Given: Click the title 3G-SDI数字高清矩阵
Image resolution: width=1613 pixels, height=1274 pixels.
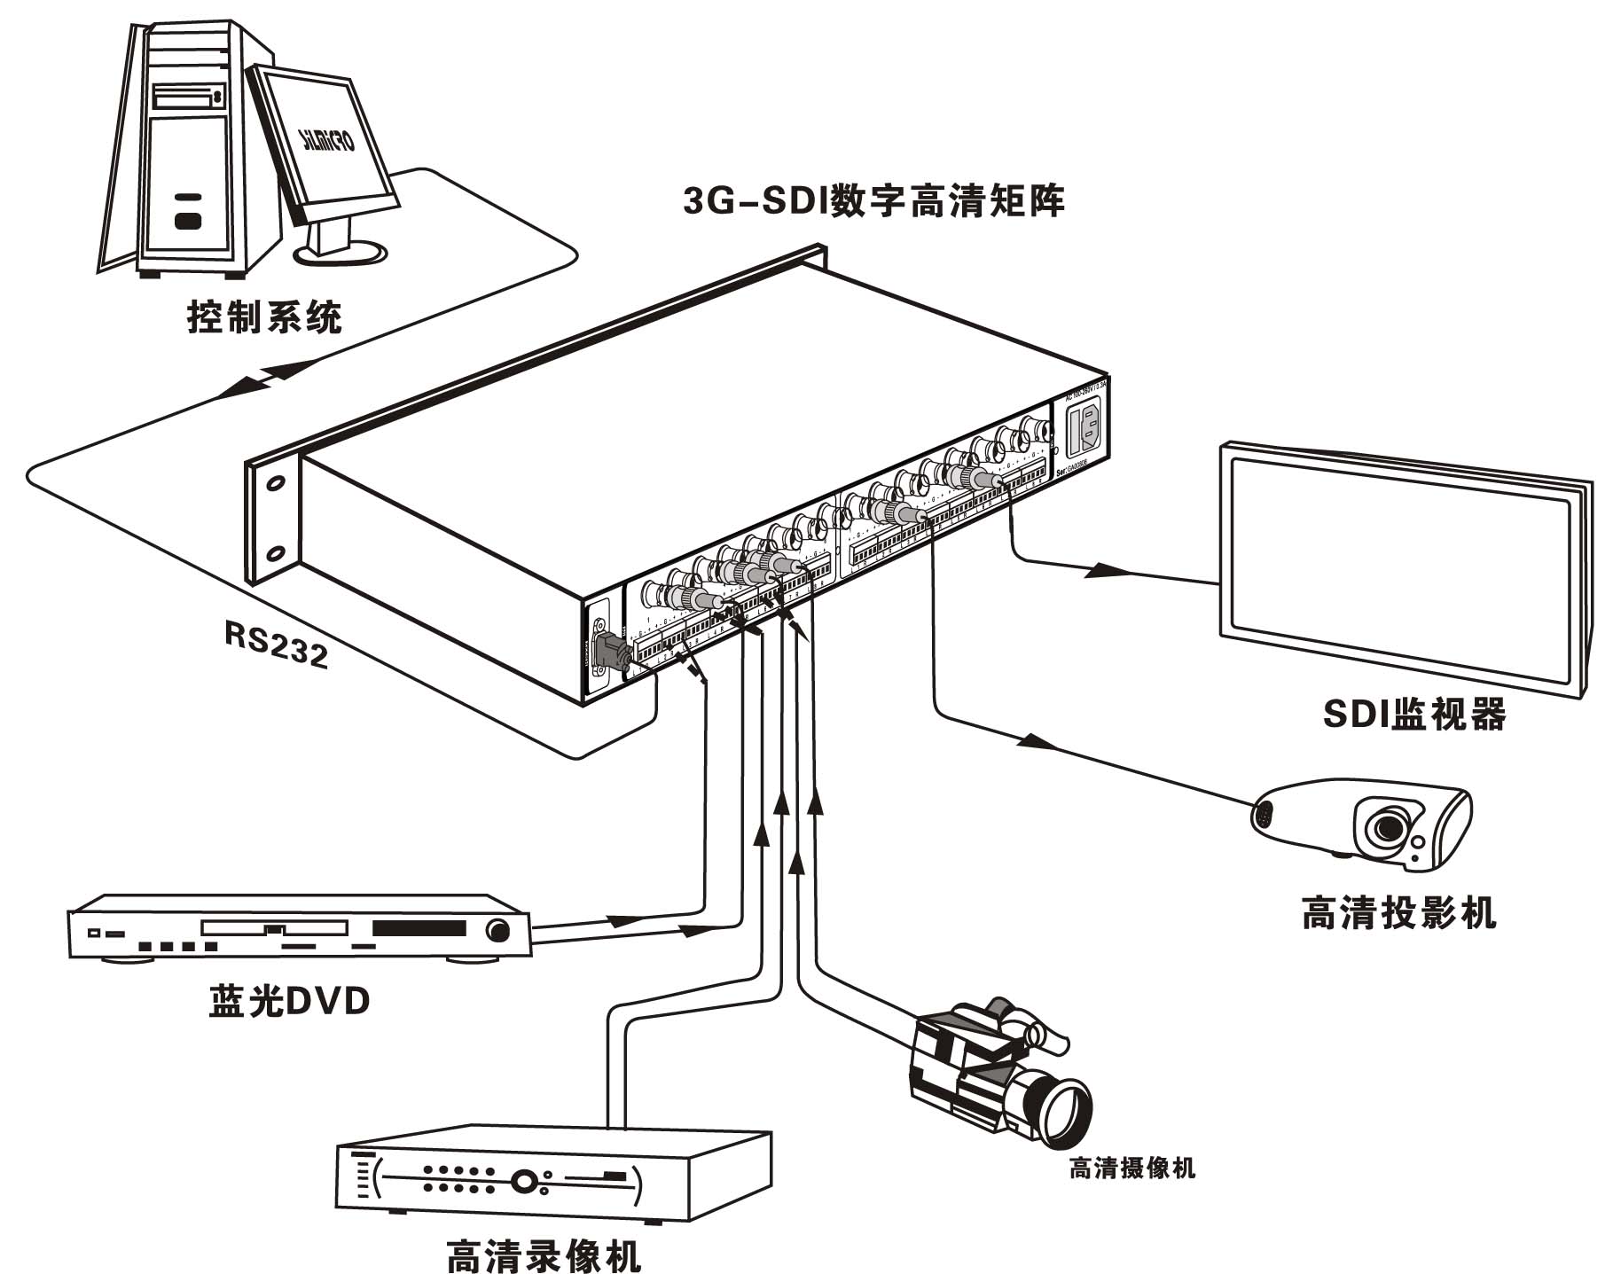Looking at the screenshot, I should [x=873, y=202].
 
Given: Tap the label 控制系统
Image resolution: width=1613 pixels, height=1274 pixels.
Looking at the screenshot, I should [x=264, y=316].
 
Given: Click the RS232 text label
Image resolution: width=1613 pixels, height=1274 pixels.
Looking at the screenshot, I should [x=276, y=643].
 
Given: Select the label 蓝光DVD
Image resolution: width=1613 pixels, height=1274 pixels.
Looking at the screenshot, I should [x=289, y=1001].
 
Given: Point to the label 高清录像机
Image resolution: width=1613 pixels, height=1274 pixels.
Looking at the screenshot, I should [x=543, y=1254].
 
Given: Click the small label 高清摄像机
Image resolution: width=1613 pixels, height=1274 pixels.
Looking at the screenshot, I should [x=1131, y=1168].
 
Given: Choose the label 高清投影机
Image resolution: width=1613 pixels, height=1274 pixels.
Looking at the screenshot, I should [x=1398, y=911].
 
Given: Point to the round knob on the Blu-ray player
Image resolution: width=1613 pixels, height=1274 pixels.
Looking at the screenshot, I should [x=498, y=931].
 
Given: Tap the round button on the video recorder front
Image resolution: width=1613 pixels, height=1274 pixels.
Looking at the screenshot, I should [x=523, y=1182].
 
